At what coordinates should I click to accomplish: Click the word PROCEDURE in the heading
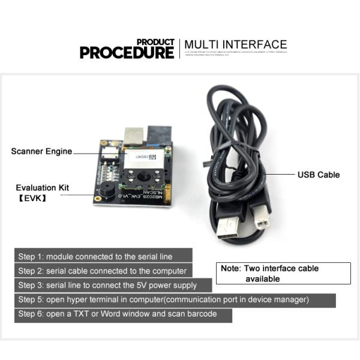(x=127, y=52)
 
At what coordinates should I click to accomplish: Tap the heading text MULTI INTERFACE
(x=236, y=44)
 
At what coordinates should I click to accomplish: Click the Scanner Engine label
(x=41, y=151)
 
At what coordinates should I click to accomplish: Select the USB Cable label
(x=319, y=175)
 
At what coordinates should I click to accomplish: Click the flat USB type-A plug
(x=227, y=227)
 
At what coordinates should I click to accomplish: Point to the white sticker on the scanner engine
(x=144, y=157)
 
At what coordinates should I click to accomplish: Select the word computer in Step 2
(x=167, y=271)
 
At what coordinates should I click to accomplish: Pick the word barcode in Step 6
(x=202, y=314)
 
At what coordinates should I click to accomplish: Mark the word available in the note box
(x=262, y=278)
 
